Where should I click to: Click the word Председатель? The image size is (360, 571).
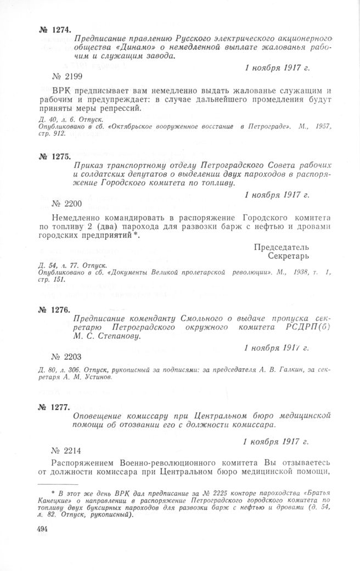point(282,247)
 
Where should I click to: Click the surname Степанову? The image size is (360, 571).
point(117,337)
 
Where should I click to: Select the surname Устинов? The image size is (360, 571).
point(99,378)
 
